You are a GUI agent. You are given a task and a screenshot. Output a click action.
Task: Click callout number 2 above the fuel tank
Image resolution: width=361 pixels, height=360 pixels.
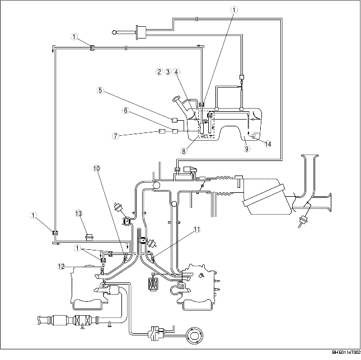coord(160,72)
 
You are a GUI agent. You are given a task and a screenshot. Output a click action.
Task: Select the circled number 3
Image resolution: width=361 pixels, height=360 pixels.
coord(168,72)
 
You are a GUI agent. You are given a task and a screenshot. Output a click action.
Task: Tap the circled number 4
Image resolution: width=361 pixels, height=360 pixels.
coord(176,72)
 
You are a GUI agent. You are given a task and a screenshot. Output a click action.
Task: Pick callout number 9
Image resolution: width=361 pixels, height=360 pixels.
coord(246,149)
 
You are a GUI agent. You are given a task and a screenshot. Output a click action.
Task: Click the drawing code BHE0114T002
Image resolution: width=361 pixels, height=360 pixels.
coord(345,353)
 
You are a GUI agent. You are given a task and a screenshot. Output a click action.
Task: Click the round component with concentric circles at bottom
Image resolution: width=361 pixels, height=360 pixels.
coord(196,337)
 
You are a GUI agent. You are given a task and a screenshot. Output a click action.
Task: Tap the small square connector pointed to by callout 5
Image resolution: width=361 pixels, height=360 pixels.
coord(175,120)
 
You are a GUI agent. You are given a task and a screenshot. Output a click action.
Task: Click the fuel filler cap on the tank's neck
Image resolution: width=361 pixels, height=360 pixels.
coord(177,101)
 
